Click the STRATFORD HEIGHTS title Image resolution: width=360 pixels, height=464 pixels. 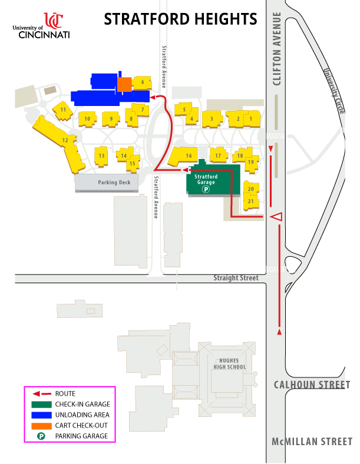click(180, 19)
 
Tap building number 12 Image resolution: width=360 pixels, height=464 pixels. click(65, 141)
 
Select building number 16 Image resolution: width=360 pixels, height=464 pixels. click(188, 155)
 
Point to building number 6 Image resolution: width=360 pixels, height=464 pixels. click(142, 82)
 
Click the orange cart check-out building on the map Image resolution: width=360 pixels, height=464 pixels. click(124, 84)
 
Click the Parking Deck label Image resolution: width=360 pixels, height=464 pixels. click(107, 183)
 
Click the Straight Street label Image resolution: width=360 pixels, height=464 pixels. click(236, 277)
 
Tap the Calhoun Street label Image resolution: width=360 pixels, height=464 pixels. click(312, 385)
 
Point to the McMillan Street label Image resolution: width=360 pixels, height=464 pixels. click(312, 442)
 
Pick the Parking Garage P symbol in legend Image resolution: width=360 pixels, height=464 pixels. click(42, 436)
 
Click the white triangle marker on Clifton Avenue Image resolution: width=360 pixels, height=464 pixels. click(276, 217)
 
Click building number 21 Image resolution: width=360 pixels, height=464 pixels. click(251, 201)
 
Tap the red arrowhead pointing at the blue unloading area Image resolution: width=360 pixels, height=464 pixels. click(153, 97)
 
